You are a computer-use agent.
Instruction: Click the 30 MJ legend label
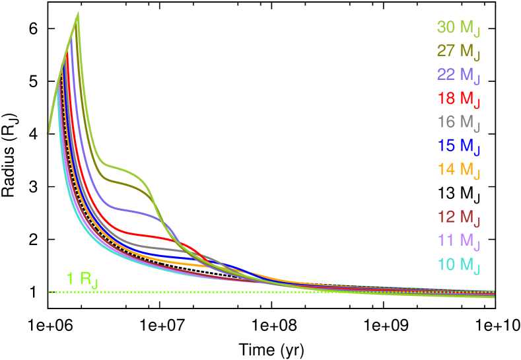point(458,28)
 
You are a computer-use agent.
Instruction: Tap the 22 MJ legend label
point(458,76)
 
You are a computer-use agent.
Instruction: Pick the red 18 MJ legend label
point(458,100)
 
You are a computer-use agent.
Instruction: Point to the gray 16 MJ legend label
point(458,123)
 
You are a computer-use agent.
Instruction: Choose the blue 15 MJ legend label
point(458,146)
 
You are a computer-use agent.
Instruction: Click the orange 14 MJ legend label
point(458,170)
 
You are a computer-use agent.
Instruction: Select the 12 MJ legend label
point(458,217)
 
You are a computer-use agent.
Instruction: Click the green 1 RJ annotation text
point(82,279)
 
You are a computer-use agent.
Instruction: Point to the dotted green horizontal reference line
point(198,291)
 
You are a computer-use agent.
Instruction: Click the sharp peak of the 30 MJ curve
point(79,13)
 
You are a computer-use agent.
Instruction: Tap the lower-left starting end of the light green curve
point(49,132)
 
